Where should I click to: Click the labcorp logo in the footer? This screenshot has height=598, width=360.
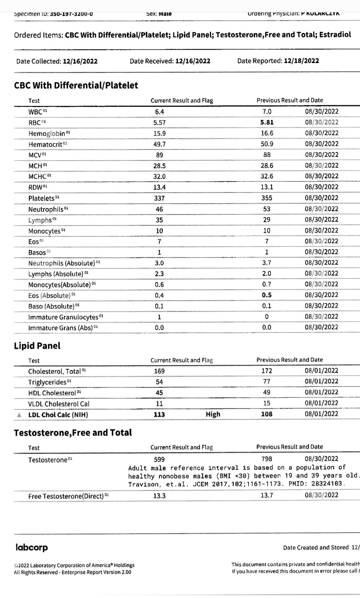pyautogui.click(x=32, y=547)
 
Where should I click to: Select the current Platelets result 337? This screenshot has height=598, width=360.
pyautogui.click(x=159, y=198)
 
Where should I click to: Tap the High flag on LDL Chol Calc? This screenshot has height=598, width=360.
pyautogui.click(x=213, y=414)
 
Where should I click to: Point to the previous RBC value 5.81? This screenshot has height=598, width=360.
pyautogui.click(x=267, y=122)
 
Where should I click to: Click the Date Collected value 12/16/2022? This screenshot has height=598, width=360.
pyautogui.click(x=80, y=61)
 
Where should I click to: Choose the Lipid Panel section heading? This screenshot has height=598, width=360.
pyautogui.click(x=37, y=346)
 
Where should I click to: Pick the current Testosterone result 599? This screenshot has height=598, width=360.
pyautogui.click(x=159, y=459)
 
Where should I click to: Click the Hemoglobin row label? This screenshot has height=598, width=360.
pyautogui.click(x=47, y=134)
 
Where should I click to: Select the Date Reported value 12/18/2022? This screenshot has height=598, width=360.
pyautogui.click(x=301, y=61)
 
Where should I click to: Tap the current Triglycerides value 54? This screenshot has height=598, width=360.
pyautogui.click(x=159, y=382)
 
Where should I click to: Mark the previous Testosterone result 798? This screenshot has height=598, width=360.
pyautogui.click(x=267, y=459)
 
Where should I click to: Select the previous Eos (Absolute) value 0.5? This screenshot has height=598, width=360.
pyautogui.click(x=267, y=295)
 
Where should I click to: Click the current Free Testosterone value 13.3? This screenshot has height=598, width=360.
pyautogui.click(x=159, y=496)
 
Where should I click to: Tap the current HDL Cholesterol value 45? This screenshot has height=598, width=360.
pyautogui.click(x=159, y=393)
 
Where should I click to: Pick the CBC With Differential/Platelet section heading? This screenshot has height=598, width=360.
pyautogui.click(x=76, y=85)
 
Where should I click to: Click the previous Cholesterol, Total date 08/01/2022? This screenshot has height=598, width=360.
pyautogui.click(x=321, y=371)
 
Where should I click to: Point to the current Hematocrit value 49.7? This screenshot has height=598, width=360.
pyautogui.click(x=159, y=144)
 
